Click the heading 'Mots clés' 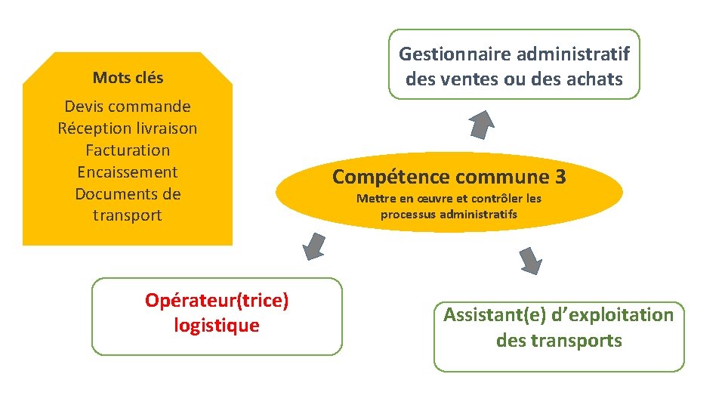[128, 77]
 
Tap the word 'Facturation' [128, 150]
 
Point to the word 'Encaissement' [128, 172]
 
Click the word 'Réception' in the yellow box [92, 128]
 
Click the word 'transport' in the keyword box [128, 215]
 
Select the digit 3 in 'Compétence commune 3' [560, 178]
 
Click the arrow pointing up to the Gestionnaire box [481, 124]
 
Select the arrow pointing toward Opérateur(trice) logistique [313, 246]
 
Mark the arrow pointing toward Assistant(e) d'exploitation [531, 260]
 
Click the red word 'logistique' [216, 326]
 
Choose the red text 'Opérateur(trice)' [217, 301]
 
